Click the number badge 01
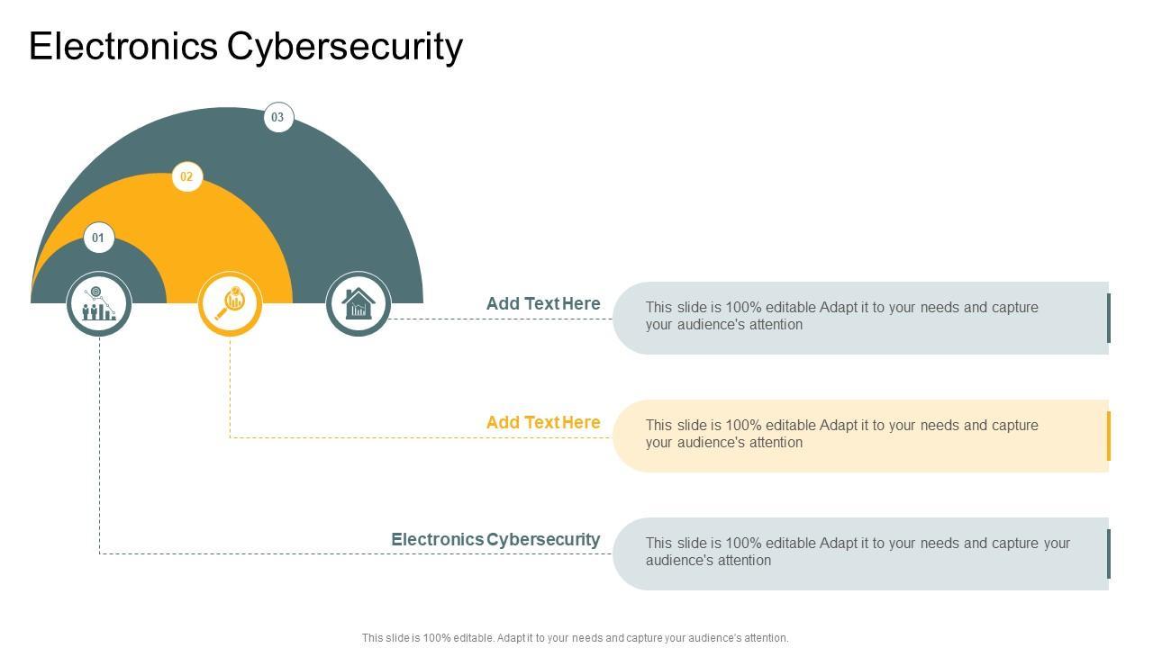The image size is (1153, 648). (98, 238)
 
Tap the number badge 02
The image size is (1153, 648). (186, 176)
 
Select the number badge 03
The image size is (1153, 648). (278, 117)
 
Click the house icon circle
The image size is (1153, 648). (359, 303)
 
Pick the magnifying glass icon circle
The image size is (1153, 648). (230, 303)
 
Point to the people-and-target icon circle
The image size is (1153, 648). (99, 303)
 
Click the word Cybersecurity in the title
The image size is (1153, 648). (345, 47)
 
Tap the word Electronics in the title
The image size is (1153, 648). (123, 47)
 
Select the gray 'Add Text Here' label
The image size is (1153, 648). (543, 304)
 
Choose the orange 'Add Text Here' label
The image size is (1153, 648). (543, 422)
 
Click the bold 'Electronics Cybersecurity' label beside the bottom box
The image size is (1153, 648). (495, 540)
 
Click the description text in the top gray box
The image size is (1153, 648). (841, 316)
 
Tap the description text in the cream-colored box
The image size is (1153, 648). (841, 434)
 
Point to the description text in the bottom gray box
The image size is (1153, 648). (858, 552)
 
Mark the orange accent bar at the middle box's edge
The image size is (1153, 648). (1109, 436)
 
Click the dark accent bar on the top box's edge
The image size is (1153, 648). (1109, 318)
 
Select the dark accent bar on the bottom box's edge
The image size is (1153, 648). (1109, 553)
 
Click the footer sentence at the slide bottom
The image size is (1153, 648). (575, 638)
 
